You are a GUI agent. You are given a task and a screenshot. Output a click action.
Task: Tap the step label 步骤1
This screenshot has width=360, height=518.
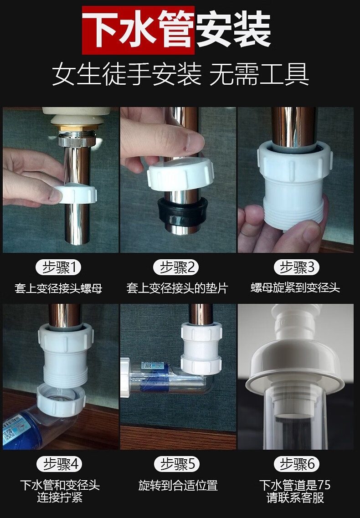(62, 267)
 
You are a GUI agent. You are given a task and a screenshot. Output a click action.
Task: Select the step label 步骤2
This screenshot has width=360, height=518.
(178, 267)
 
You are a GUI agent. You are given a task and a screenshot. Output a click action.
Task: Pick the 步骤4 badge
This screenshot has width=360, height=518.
(62, 464)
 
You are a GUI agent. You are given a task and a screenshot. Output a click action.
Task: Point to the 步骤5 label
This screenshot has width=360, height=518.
(178, 464)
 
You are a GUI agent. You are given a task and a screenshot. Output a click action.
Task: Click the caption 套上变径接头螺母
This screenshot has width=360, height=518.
(58, 288)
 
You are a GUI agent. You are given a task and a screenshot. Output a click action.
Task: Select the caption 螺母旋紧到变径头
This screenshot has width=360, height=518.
(295, 288)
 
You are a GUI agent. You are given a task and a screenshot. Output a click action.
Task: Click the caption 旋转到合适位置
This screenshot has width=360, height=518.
(178, 486)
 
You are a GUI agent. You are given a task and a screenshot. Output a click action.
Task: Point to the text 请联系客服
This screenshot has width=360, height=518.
(295, 497)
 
